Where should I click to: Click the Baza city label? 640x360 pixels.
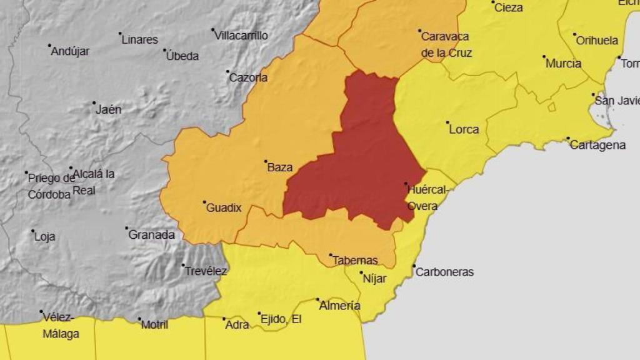coord(279,167)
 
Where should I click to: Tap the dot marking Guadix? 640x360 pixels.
coord(204,202)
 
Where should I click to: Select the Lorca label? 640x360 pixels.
coord(464,129)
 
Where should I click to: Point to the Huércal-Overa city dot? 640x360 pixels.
coord(406,184)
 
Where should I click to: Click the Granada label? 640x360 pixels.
coord(151,235)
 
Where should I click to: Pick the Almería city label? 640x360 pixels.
coord(339,306)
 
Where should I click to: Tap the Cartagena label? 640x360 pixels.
coord(597,145)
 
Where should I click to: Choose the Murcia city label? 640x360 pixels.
coord(563,63)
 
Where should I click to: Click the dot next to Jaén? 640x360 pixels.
coord(94,103)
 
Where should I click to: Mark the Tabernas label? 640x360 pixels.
coord(356,261)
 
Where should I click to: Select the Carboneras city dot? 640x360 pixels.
coord(414,266)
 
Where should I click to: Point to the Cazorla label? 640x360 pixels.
coord(248,78)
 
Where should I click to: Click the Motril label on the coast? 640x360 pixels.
coord(154,325)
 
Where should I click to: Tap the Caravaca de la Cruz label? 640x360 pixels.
coord(446,44)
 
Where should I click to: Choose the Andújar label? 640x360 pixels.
coord(70,51)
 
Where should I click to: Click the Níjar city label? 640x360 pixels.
coord(374,279)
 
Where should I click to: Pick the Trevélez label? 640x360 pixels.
coord(206,271)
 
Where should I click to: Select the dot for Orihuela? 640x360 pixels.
coord(574,35)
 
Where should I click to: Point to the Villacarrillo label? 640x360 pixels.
coord(241,36)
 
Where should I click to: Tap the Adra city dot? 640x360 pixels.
coord(224,319)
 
